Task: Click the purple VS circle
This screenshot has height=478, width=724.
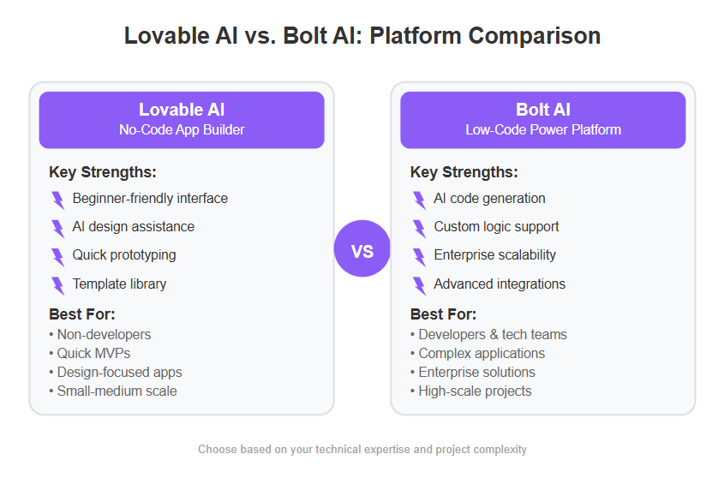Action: (x=362, y=248)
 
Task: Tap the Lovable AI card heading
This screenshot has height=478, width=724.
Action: (x=182, y=110)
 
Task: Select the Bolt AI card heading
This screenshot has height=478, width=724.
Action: (x=543, y=110)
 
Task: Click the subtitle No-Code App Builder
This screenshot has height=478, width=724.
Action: (x=182, y=129)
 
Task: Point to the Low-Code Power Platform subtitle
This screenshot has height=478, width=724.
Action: (x=543, y=129)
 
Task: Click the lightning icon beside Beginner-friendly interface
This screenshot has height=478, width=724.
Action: (x=58, y=200)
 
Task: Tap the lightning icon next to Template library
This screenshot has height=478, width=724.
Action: (x=58, y=285)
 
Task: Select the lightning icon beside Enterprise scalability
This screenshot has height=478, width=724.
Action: (x=419, y=257)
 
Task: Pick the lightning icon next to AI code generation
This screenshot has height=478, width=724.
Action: (x=419, y=200)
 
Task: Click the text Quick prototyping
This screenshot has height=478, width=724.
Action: (x=124, y=255)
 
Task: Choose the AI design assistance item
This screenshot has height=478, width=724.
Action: (x=134, y=227)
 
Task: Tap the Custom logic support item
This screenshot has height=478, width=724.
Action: (x=496, y=227)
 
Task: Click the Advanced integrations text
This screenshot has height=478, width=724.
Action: (x=500, y=284)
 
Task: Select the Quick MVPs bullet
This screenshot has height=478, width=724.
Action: (x=90, y=353)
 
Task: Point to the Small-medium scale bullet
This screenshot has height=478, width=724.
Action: (x=113, y=391)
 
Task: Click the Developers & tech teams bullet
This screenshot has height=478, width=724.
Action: (x=488, y=334)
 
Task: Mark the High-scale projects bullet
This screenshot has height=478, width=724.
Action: (x=471, y=391)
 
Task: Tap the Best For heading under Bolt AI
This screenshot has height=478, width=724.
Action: (x=443, y=314)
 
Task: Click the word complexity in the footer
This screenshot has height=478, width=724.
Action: (x=500, y=450)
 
